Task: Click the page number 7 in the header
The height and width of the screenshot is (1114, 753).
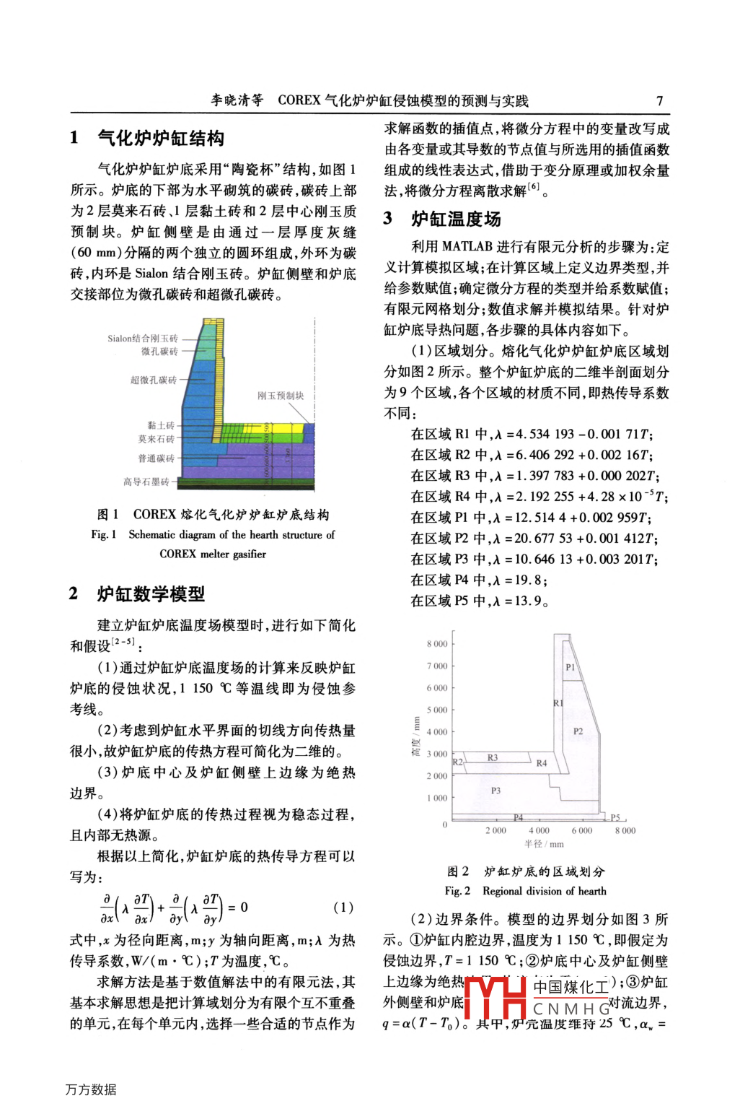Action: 659,101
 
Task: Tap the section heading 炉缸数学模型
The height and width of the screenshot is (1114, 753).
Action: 151,594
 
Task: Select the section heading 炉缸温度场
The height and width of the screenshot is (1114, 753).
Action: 456,219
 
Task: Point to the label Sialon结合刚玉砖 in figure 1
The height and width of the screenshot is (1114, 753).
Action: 142,338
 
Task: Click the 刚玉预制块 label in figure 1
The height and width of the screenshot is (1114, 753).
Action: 281,396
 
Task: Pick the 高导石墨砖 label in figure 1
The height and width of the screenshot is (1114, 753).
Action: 146,482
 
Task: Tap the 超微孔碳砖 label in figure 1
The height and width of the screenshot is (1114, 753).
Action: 153,380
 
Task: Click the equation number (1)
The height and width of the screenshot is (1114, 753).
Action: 343,908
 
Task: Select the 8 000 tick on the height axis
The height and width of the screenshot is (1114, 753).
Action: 437,644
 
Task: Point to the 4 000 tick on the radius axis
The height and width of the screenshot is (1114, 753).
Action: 539,830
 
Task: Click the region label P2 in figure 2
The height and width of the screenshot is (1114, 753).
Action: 578,731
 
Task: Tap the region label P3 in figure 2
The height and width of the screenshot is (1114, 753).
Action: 496,791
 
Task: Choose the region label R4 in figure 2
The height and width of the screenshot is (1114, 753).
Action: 541,763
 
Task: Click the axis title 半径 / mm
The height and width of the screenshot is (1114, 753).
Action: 544,844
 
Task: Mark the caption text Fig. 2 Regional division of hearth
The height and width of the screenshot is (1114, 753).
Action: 525,891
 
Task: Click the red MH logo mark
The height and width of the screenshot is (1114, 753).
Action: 495,997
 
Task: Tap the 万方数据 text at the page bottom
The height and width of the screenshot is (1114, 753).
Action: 91,1089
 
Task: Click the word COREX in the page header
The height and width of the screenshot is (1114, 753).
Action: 299,100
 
